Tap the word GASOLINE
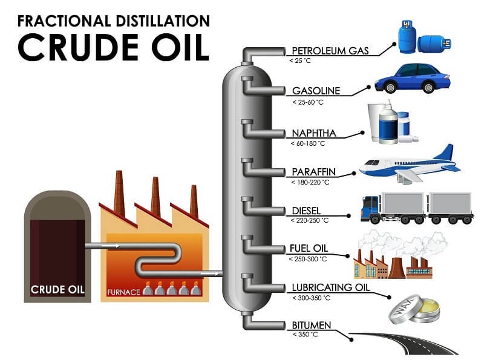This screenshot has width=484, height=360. click(x=316, y=91)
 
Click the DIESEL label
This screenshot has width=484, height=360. click(x=307, y=211)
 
